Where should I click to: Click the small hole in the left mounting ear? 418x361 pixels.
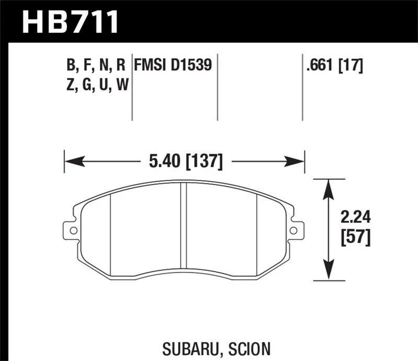(73, 230)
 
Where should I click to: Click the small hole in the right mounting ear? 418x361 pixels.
(294, 230)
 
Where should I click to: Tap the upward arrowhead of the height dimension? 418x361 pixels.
(329, 184)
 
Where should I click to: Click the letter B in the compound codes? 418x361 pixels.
(69, 65)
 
